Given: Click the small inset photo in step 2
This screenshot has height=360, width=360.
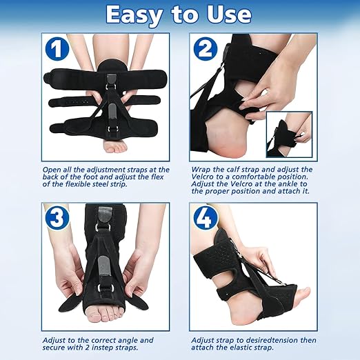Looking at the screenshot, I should click(289, 134).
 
